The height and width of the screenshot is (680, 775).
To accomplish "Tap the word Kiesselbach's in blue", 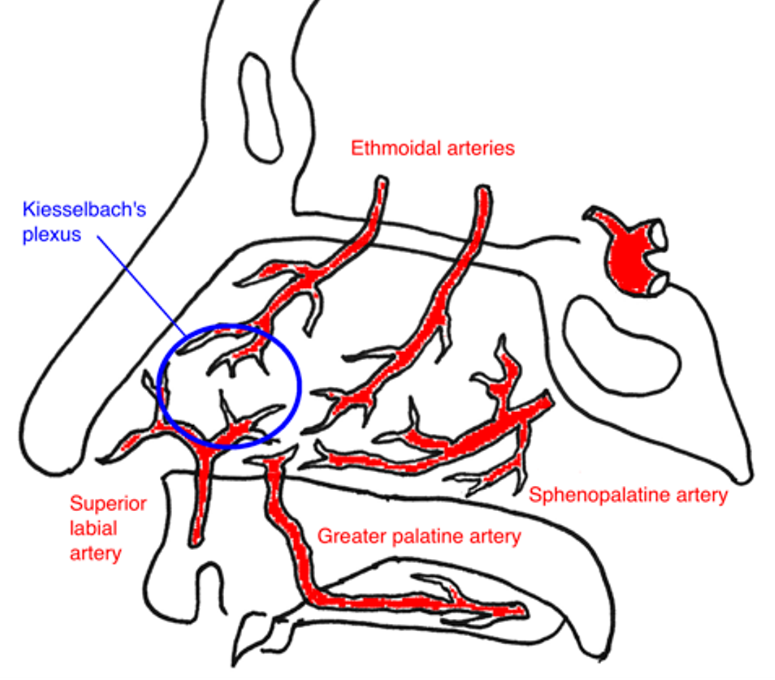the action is [84, 209].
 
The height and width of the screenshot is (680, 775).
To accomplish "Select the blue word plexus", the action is [51, 235].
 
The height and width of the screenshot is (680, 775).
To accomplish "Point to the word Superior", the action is [108, 504].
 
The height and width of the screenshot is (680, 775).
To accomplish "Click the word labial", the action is [93, 529].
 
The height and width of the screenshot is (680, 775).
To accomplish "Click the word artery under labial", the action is [95, 553].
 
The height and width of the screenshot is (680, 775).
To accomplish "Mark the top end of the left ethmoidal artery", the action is [381, 182].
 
